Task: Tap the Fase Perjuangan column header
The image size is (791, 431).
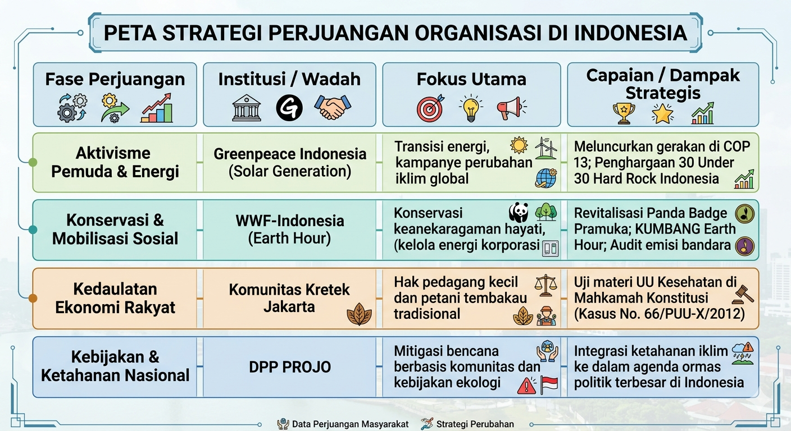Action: click(115, 79)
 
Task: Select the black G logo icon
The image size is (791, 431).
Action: click(289, 108)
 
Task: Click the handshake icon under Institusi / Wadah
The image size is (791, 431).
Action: click(333, 107)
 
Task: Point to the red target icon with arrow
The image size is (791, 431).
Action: click(430, 108)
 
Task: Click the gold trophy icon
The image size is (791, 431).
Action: click(624, 113)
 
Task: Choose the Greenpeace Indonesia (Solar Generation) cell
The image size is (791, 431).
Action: click(289, 163)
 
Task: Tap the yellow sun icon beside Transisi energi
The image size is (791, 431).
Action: click(519, 145)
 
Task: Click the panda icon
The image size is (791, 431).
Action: click(519, 212)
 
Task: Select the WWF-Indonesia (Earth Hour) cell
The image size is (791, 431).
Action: click(289, 230)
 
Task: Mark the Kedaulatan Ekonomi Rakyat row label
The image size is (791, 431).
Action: click(115, 299)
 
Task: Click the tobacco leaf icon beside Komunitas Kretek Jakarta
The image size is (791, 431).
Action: click(359, 314)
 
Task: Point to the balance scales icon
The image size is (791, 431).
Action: click(545, 286)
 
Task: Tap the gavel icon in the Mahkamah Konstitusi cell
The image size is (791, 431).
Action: click(743, 294)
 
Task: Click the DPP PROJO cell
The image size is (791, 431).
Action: click(289, 367)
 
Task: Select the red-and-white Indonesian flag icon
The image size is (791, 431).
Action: click(549, 385)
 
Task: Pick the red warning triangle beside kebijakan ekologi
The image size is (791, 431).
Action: click(526, 386)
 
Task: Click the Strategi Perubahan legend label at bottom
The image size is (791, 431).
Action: click(475, 424)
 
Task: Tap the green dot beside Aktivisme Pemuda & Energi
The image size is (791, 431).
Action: click(33, 162)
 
